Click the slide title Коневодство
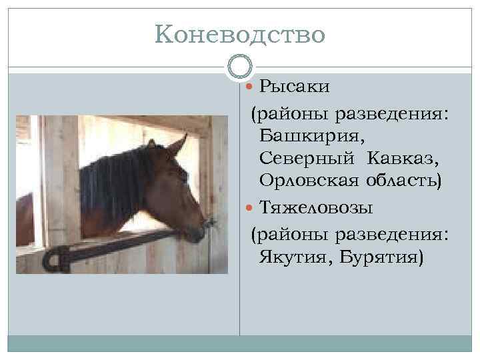(x=239, y=33)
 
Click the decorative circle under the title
(x=239, y=66)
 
